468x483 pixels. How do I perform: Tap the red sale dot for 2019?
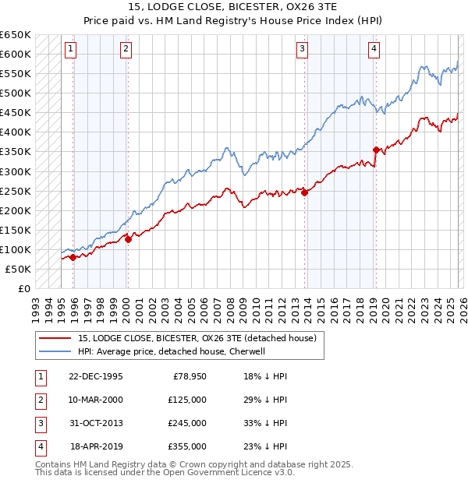(x=376, y=150)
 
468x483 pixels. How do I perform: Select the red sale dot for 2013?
(x=305, y=193)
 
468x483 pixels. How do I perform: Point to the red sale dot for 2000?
(x=129, y=239)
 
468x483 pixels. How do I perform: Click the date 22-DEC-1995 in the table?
(x=96, y=376)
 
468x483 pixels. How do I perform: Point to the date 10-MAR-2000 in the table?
(x=96, y=400)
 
